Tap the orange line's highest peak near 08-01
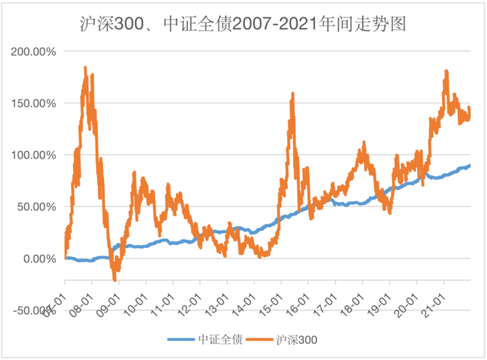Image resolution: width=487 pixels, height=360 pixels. point(85,68)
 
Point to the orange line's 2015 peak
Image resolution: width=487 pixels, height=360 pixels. point(293,93)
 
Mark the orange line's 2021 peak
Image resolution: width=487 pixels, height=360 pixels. point(446,70)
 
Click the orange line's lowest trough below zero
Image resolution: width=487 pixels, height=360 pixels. point(115,280)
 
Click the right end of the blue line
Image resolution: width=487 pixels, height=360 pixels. point(470,165)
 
